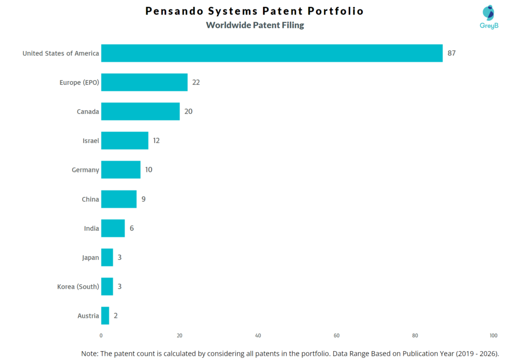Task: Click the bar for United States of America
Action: click(x=271, y=53)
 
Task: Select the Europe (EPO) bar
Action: click(x=144, y=82)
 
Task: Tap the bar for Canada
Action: click(x=140, y=111)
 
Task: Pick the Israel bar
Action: click(x=124, y=141)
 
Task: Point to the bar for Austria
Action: click(x=105, y=315)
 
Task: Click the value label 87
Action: click(x=452, y=53)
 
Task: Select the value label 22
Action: click(x=196, y=82)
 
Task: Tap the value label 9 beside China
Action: click(x=143, y=199)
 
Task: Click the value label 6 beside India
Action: click(x=132, y=228)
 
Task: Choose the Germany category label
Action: click(x=85, y=170)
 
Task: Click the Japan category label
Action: click(x=91, y=257)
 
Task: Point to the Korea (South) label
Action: click(x=78, y=286)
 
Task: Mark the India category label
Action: click(x=92, y=228)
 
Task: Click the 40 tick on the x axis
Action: click(x=258, y=335)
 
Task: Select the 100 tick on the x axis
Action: click(x=494, y=335)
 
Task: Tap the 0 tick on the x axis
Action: click(x=101, y=335)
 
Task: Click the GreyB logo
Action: click(x=489, y=17)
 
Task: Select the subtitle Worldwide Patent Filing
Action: click(x=255, y=25)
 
